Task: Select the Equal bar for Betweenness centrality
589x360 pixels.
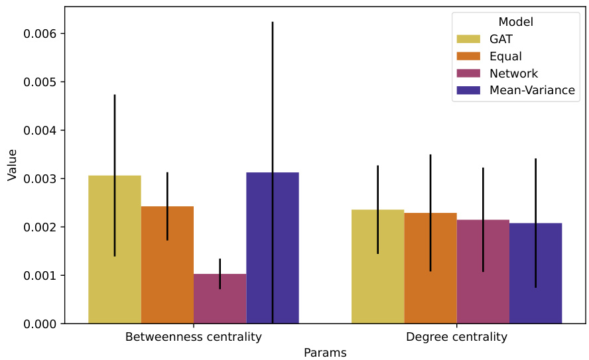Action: [x=167, y=265]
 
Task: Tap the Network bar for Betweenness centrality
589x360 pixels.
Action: [x=220, y=298]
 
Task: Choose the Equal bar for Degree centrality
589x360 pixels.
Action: [x=430, y=268]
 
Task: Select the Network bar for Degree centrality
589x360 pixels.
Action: [x=483, y=271]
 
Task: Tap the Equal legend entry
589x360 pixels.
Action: [x=505, y=56]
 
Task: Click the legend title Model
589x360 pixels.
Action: [x=516, y=22]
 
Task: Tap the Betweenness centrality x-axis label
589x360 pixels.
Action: [x=193, y=337]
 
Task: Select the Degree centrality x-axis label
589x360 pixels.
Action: [x=456, y=337]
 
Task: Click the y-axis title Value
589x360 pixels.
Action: [x=12, y=164]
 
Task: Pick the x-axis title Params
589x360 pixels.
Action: [x=325, y=353]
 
